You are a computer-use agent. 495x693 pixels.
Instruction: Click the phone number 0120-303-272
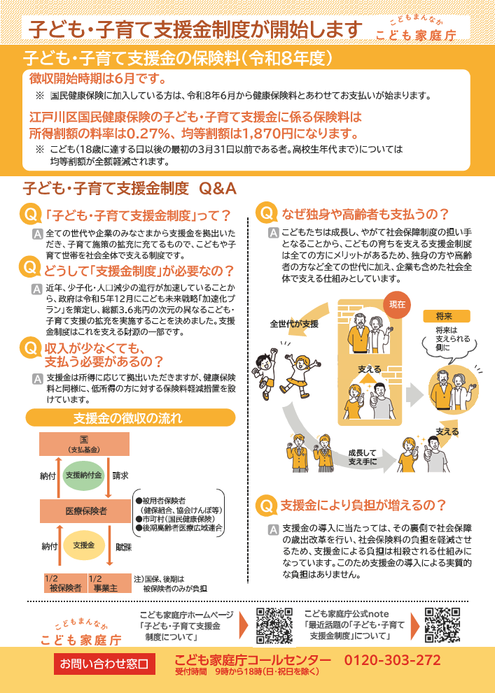(x=392, y=661)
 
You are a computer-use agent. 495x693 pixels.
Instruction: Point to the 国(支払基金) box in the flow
(x=84, y=443)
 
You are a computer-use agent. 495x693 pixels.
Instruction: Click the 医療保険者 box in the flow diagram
(x=85, y=510)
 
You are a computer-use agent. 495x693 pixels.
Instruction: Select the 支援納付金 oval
(x=84, y=476)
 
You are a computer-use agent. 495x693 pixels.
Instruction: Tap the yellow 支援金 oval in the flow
(x=84, y=545)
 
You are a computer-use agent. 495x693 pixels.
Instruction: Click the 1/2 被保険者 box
(x=64, y=583)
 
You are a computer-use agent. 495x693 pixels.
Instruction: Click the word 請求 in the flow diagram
(x=120, y=476)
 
